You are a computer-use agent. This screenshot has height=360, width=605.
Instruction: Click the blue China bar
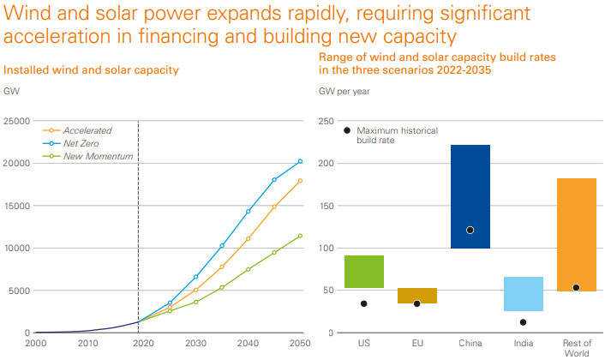470,196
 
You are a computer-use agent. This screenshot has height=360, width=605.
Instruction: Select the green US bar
363,272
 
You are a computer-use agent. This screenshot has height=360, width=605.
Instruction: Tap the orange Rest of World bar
576,235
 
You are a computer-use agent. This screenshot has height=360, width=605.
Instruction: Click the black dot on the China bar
470,230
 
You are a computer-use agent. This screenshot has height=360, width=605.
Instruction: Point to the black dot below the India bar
523,322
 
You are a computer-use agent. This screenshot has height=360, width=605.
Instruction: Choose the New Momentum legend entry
96,156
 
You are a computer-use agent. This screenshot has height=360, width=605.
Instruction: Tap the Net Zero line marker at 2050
300,161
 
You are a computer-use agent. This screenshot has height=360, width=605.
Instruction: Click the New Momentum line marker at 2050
300,236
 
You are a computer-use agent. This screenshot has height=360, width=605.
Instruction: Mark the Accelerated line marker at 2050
300,181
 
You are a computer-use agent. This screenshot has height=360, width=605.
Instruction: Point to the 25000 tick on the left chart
16,121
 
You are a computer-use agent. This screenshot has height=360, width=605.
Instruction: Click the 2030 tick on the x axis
194,343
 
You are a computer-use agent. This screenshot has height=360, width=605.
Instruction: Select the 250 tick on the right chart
326,121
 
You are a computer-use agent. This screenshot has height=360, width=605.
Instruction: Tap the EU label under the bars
416,343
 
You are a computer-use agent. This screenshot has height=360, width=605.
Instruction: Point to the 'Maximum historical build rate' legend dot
346,130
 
